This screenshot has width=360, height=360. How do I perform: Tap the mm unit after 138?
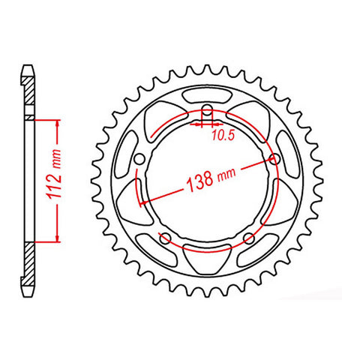pos(226,176)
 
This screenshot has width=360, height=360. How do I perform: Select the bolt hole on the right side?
pos(274,159)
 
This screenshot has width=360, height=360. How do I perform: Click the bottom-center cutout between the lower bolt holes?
pos(207,256)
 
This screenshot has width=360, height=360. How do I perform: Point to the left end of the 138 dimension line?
pos(139,202)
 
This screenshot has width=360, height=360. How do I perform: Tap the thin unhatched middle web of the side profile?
pos(29,180)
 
